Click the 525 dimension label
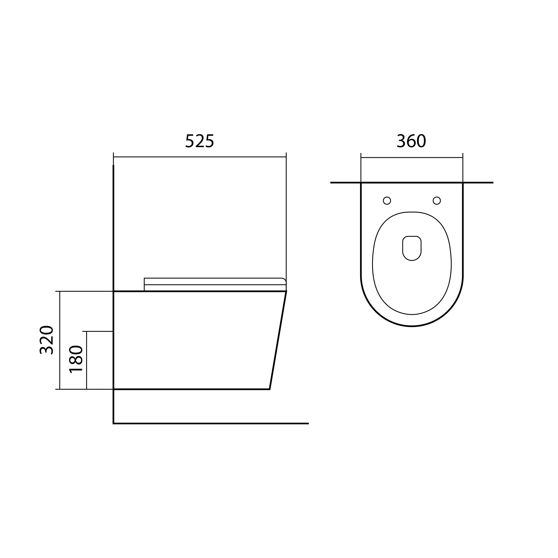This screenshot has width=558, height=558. [200, 141]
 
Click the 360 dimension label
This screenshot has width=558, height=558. [412, 141]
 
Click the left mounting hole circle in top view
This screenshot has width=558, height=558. [387, 200]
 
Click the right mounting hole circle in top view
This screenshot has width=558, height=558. [437, 200]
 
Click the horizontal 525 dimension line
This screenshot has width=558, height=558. [200, 157]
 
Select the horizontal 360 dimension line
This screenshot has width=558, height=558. [412, 157]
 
